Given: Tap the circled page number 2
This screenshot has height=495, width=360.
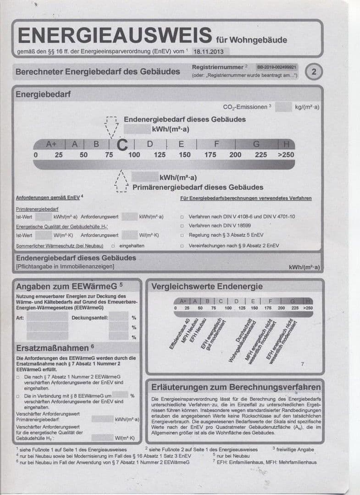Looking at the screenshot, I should (314, 71).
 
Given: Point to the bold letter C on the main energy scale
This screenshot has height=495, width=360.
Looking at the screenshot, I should (122, 144).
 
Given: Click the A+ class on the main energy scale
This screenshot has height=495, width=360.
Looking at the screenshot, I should (51, 144).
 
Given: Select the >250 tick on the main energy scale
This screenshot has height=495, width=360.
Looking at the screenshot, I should (286, 155).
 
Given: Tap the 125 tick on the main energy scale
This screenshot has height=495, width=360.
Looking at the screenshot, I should (159, 155).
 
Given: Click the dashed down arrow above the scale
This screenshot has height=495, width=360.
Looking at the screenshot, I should (112, 127).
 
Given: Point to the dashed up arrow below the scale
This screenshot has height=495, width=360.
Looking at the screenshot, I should (121, 182).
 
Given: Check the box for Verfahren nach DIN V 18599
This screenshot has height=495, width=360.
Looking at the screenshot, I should (182, 226).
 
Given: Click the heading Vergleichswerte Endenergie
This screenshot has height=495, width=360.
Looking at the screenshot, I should (207, 286).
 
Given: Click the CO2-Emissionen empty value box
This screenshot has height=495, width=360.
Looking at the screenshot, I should (283, 107).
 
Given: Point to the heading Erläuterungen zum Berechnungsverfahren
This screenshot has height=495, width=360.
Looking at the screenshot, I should (236, 387).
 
